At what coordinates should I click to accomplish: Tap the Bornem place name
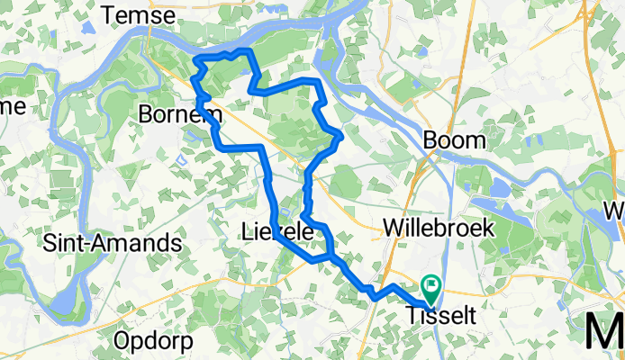[x=181, y=114]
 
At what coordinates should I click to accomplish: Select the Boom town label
[x=454, y=140]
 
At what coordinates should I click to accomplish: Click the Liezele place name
[x=279, y=232]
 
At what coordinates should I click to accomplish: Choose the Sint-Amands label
[x=113, y=244]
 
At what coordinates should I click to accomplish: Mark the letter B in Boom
[x=430, y=140]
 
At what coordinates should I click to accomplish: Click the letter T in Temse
[x=112, y=15]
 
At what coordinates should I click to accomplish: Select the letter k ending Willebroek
[x=488, y=229]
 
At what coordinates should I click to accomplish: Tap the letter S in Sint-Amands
[x=51, y=244]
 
